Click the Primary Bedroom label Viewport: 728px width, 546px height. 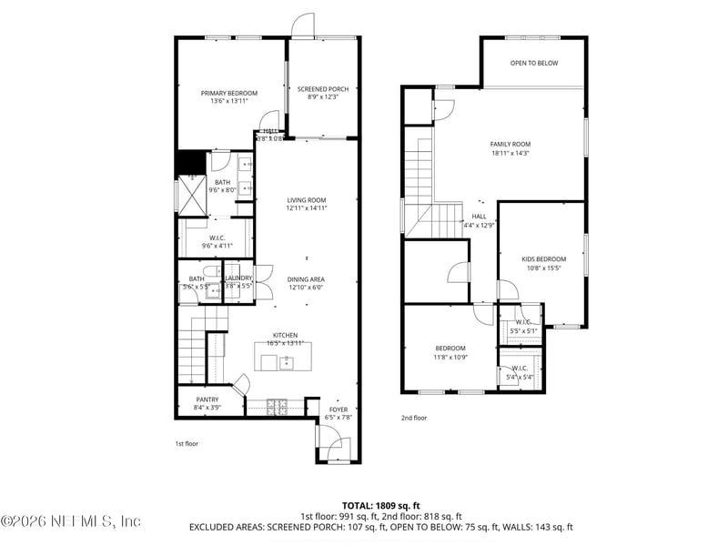pyautogui.click(x=229, y=93)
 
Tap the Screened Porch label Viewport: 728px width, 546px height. pyautogui.click(x=323, y=89)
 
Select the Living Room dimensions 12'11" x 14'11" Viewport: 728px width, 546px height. pyautogui.click(x=307, y=208)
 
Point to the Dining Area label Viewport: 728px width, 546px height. pyautogui.click(x=306, y=279)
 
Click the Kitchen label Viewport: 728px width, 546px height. pyautogui.click(x=285, y=335)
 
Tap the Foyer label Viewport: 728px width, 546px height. pyautogui.click(x=339, y=409)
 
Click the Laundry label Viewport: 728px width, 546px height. pyautogui.click(x=238, y=278)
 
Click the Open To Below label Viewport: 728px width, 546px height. pyautogui.click(x=534, y=64)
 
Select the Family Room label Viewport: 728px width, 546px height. pyautogui.click(x=511, y=144)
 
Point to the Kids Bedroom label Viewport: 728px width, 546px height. pyautogui.click(x=543, y=259)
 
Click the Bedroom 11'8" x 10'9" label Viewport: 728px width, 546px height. pyautogui.click(x=450, y=349)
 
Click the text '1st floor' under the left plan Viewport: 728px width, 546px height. pyautogui.click(x=187, y=443)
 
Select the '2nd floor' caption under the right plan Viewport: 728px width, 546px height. pyautogui.click(x=414, y=418)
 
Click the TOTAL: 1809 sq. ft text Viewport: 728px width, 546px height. pyautogui.click(x=380, y=504)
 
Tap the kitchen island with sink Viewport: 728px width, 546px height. pyautogui.click(x=277, y=362)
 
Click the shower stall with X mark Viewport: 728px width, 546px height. pyautogui.click(x=191, y=194)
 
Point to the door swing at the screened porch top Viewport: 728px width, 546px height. pyautogui.click(x=303, y=25)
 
